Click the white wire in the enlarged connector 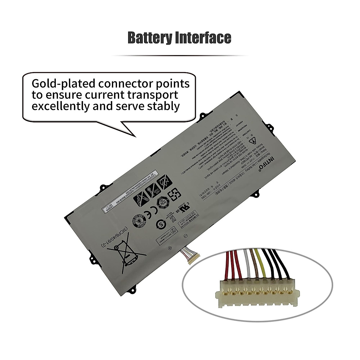click(x=247, y=264)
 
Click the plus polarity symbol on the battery click(x=169, y=247)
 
